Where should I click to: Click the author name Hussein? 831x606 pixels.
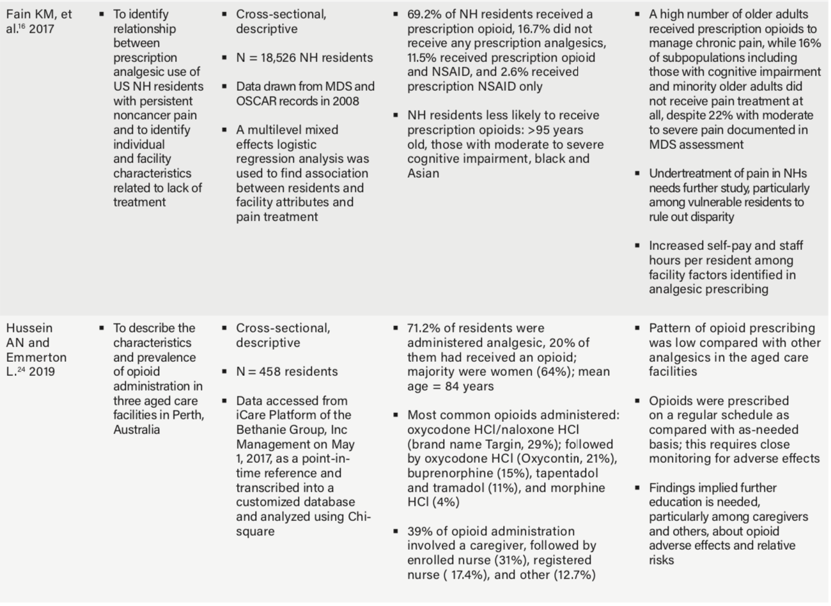(29, 328)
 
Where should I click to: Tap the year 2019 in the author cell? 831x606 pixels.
(42, 372)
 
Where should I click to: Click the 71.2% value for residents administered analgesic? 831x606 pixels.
(423, 328)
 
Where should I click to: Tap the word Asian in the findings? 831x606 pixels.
(423, 173)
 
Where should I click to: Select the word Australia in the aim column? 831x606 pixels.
(136, 430)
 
